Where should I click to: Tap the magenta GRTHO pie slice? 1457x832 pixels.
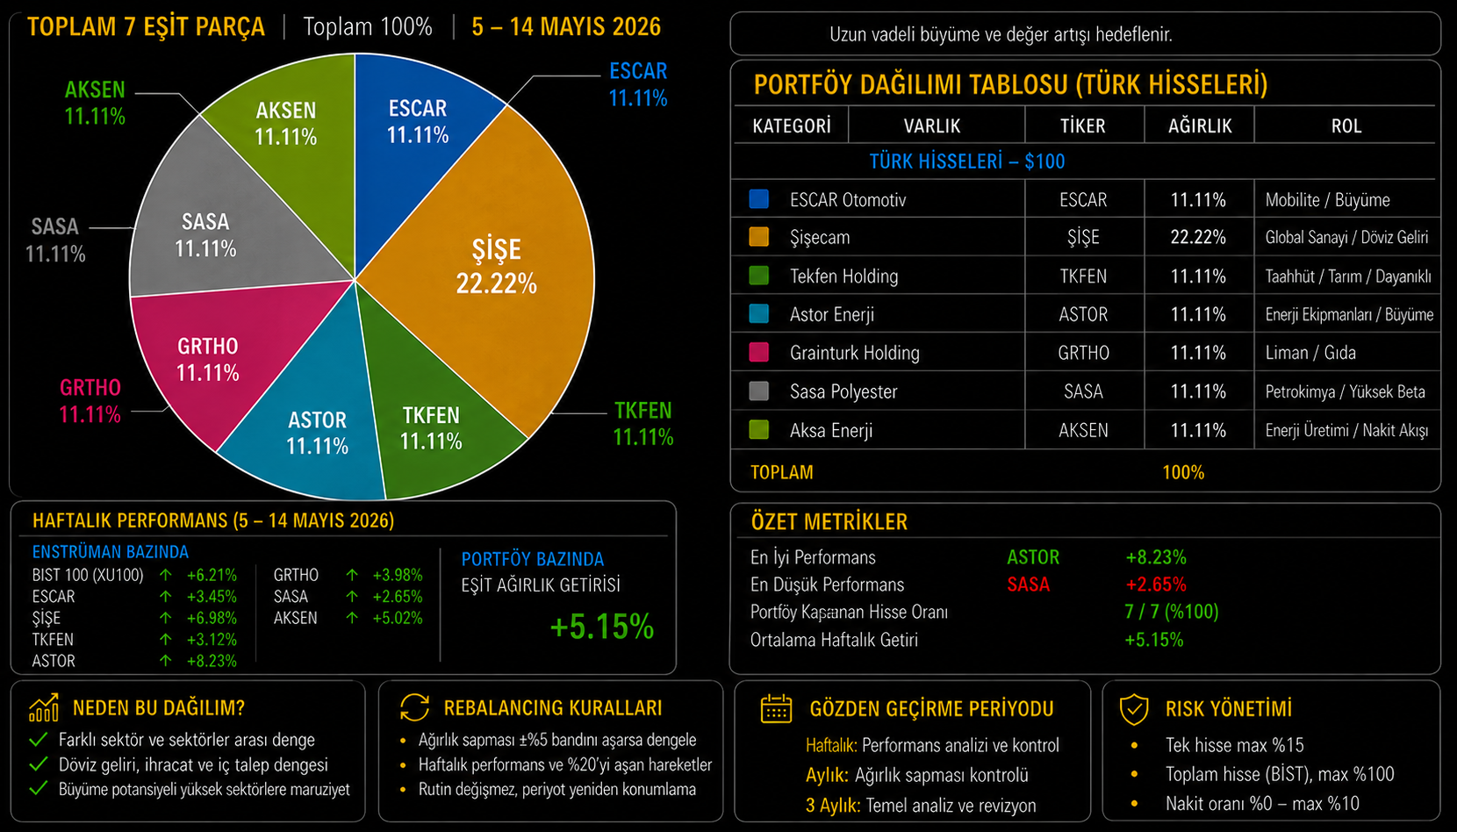(x=215, y=358)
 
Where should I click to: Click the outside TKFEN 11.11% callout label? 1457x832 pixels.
(x=643, y=424)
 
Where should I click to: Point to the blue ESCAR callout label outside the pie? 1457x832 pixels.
(x=638, y=84)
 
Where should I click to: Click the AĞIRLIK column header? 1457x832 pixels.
(x=1200, y=126)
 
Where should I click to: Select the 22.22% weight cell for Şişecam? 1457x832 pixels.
(x=1198, y=238)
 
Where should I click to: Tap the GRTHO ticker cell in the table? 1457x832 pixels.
(x=1083, y=353)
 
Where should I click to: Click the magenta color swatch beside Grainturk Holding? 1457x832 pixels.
(x=758, y=353)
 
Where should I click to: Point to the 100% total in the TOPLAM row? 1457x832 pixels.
(x=1183, y=472)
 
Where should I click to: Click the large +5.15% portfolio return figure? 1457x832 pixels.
(x=601, y=627)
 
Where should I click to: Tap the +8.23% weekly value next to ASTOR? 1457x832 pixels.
(x=212, y=661)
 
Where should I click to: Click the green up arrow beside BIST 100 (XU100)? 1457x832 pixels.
(x=166, y=575)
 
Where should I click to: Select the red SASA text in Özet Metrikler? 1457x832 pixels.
(x=1028, y=585)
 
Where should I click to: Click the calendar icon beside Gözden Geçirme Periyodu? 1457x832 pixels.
(x=776, y=708)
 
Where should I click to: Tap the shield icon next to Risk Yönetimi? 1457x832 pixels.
(x=1134, y=708)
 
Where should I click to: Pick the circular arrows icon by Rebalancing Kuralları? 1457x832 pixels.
(x=414, y=707)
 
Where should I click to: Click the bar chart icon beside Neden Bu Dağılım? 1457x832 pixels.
(x=44, y=707)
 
